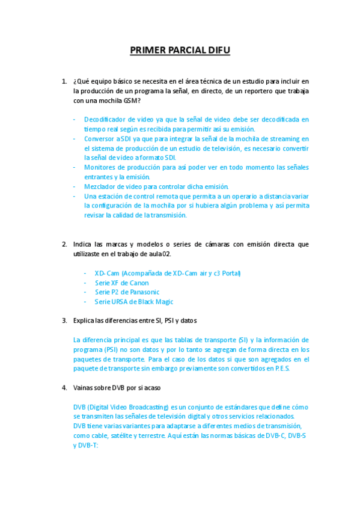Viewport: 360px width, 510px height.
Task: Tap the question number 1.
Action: tap(64, 81)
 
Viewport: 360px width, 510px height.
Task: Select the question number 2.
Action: tap(64, 244)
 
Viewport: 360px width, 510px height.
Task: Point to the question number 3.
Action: tap(64, 321)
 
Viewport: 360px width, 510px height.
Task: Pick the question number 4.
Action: tap(64, 387)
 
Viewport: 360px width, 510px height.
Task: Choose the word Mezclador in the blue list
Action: tap(100, 186)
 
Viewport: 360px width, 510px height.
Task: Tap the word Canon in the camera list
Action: tap(138, 283)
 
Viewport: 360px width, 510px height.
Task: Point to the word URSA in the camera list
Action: tap(120, 302)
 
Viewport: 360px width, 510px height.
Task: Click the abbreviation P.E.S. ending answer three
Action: tap(279, 368)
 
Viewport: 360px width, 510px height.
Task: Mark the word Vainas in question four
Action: tap(83, 387)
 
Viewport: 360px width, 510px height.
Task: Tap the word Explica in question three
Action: tap(84, 321)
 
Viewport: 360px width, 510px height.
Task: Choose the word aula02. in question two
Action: tap(159, 254)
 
